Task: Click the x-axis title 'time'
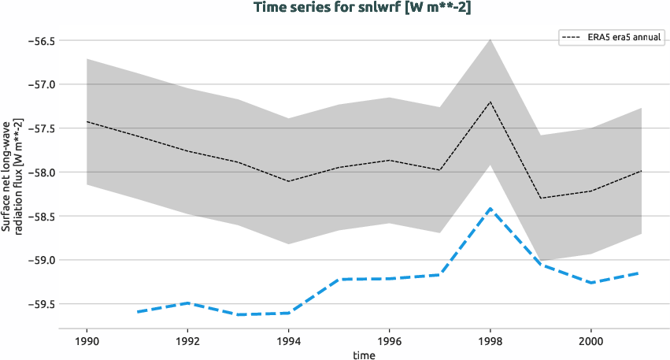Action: pyautogui.click(x=364, y=355)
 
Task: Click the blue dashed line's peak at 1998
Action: pyautogui.click(x=490, y=209)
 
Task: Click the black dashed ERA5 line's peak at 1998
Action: pyautogui.click(x=490, y=102)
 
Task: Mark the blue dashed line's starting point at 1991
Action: pyautogui.click(x=137, y=312)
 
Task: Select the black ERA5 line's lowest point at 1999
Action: pyautogui.click(x=541, y=198)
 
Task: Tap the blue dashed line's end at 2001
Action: pyautogui.click(x=641, y=273)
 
